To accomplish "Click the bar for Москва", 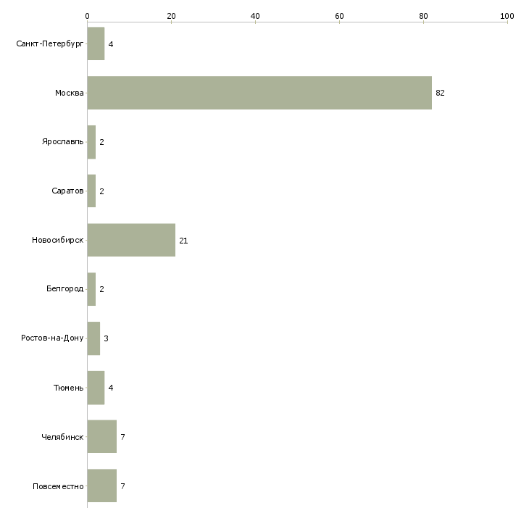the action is [x=259, y=93].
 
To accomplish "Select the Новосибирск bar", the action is [x=131, y=240].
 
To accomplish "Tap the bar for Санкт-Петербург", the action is [x=96, y=43].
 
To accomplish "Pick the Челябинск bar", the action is [x=102, y=436].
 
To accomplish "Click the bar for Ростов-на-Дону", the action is [x=93, y=338].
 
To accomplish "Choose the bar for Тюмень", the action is [x=96, y=388].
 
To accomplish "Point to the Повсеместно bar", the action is [x=102, y=486].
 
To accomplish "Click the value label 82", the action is [x=440, y=93].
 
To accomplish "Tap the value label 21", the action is [x=183, y=241].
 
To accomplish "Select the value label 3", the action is [x=106, y=338].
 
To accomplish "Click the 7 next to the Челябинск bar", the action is [x=122, y=437].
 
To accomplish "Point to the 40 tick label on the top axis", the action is [x=255, y=16].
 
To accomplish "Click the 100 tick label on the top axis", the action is [x=507, y=16].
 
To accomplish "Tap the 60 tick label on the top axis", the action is [x=339, y=16].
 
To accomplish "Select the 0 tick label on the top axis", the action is [x=88, y=16].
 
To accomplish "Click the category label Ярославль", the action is [x=63, y=142].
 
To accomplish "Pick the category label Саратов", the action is [x=67, y=191].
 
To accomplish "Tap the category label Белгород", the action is [x=64, y=289].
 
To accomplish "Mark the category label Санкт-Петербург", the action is [x=50, y=44].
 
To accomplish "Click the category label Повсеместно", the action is [x=58, y=486].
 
